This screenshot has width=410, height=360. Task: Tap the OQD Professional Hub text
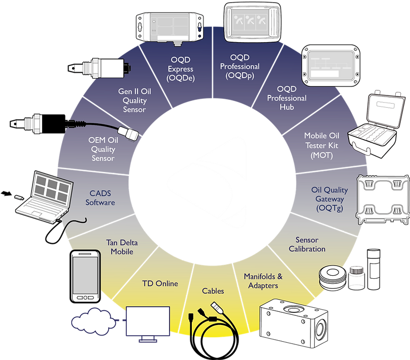pyautogui.click(x=287, y=97)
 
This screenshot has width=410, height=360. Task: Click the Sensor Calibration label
pyautogui.click(x=307, y=244)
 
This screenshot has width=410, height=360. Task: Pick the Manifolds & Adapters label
pyautogui.click(x=263, y=281)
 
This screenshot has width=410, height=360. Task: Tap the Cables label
pyautogui.click(x=213, y=291)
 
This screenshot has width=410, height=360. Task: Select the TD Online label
pyautogui.click(x=159, y=283)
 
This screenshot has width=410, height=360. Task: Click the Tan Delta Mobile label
pyautogui.click(x=122, y=247)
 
